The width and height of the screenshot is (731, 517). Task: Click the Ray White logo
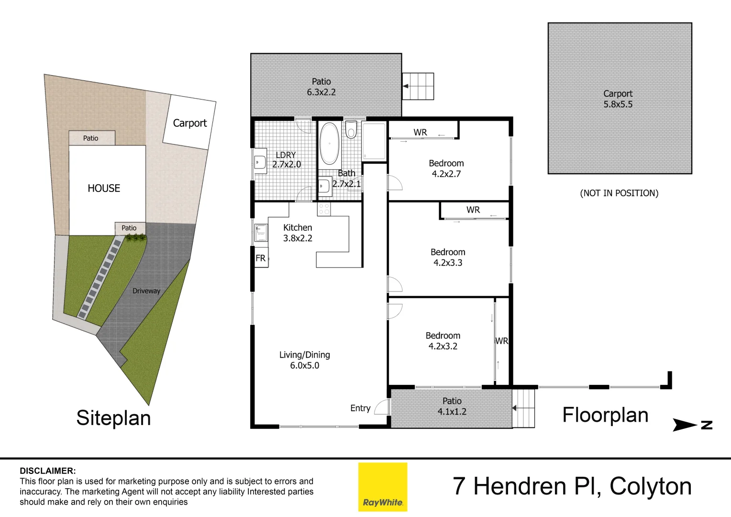(383, 487)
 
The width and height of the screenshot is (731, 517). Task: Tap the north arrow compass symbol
(692, 425)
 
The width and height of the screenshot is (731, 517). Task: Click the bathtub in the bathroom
(329, 143)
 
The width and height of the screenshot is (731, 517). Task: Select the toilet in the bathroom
(351, 129)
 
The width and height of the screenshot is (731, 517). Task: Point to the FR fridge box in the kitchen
(261, 258)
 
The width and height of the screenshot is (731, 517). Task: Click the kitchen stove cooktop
(324, 209)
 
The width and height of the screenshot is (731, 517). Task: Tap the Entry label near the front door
(360, 408)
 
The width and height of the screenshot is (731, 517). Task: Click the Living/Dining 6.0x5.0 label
(305, 360)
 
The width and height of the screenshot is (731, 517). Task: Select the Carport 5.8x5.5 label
(618, 99)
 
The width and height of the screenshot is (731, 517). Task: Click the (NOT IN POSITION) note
(619, 193)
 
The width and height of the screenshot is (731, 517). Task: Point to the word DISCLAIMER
(48, 471)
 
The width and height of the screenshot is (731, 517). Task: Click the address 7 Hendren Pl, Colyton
(572, 486)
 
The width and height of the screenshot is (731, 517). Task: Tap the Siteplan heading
(113, 418)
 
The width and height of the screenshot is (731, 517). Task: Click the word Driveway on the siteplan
(146, 291)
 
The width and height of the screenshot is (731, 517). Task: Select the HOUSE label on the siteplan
(104, 188)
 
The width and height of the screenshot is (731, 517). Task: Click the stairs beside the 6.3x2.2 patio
(418, 86)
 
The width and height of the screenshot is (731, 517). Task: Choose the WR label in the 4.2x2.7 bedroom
(420, 132)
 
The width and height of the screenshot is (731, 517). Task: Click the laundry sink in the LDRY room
(260, 162)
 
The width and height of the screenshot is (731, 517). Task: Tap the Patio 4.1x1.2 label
(452, 406)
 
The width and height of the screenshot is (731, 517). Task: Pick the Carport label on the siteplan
(189, 123)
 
